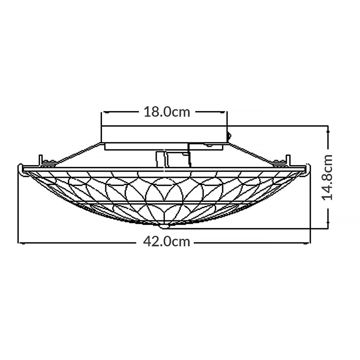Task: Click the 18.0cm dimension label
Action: tap(167, 112)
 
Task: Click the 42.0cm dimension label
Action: tap(167, 241)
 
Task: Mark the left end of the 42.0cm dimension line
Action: tap(19, 242)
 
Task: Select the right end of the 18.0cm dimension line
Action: tap(227, 112)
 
